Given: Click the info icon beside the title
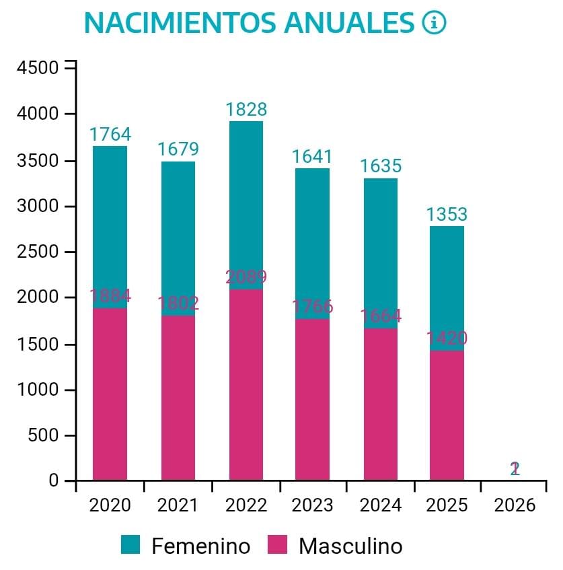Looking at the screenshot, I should (434, 23).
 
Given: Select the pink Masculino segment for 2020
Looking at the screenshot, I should (110, 394).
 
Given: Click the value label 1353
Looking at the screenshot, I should (447, 215).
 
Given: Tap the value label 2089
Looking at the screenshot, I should (246, 277).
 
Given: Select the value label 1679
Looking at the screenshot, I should (178, 149).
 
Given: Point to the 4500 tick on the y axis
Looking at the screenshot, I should (37, 68).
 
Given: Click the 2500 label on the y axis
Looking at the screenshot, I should (37, 252).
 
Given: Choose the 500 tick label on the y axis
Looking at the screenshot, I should (42, 436).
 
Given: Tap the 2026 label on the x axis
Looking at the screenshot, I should (515, 505).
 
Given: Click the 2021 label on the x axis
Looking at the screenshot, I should (178, 505).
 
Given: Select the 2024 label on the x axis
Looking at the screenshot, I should (380, 505).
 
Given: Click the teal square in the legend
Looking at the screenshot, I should (130, 544).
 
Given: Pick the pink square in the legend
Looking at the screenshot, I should (277, 544).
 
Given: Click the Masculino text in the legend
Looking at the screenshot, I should (350, 545).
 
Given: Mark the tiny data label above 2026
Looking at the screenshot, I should (515, 468).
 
